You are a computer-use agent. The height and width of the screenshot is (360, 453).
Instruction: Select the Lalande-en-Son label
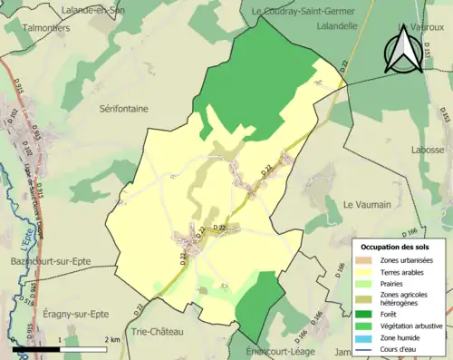[x=93, y=9]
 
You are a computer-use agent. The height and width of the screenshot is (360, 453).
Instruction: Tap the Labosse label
[x=427, y=150]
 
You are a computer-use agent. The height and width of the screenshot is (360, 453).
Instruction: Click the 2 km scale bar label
[x=113, y=339]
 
